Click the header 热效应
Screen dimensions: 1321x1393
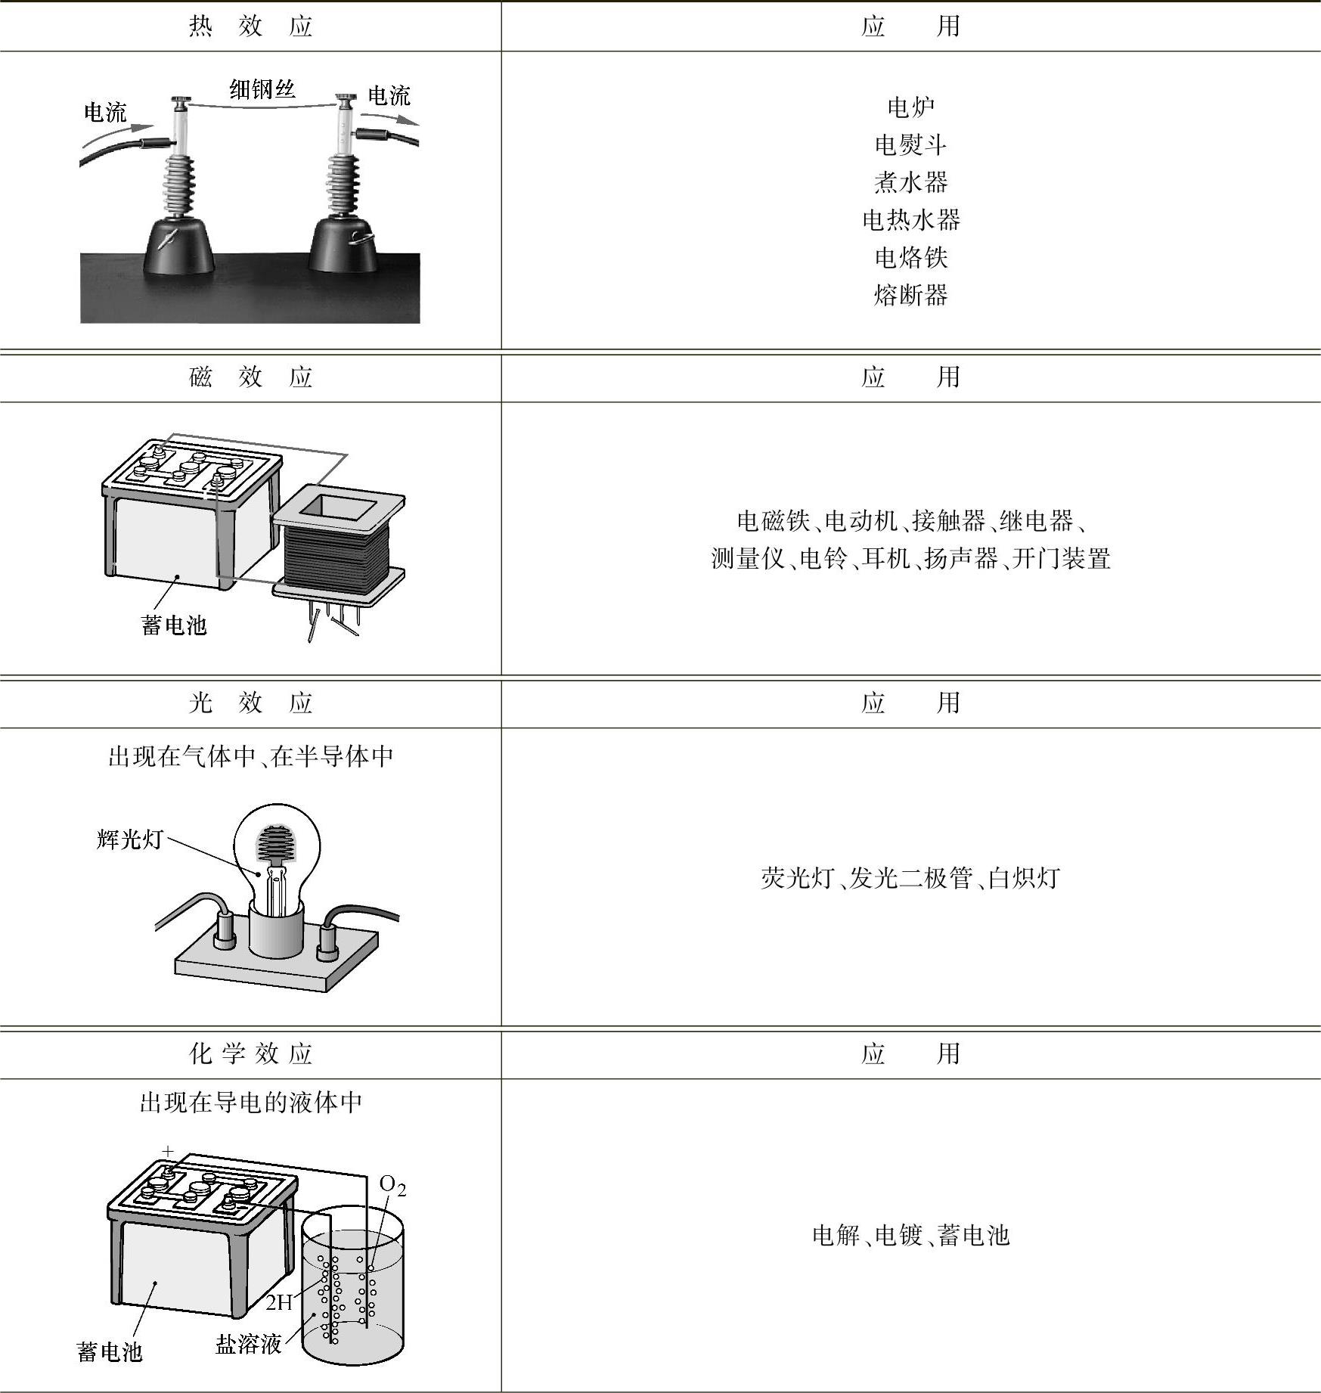pyautogui.click(x=250, y=26)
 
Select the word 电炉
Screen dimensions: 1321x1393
pyautogui.click(x=911, y=107)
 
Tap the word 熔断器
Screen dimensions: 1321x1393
pyautogui.click(x=911, y=295)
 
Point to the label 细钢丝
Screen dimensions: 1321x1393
pyautogui.click(x=262, y=89)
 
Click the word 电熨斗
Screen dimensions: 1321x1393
pyautogui.click(x=911, y=144)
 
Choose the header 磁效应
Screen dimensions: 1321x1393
pyautogui.click(x=250, y=377)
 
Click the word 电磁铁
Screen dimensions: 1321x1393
pyautogui.click(x=774, y=521)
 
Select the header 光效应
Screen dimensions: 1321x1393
pyautogui.click(x=250, y=703)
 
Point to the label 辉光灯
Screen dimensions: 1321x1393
pyautogui.click(x=129, y=839)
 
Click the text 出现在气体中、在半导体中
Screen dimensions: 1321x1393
pyautogui.click(x=251, y=756)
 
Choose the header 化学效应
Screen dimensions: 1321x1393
pyautogui.click(x=250, y=1053)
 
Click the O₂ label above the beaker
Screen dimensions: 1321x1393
pyautogui.click(x=392, y=1185)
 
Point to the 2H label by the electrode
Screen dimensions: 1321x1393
pyautogui.click(x=279, y=1302)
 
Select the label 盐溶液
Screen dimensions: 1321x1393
pyautogui.click(x=249, y=1344)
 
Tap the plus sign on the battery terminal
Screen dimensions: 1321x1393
pyautogui.click(x=168, y=1151)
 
